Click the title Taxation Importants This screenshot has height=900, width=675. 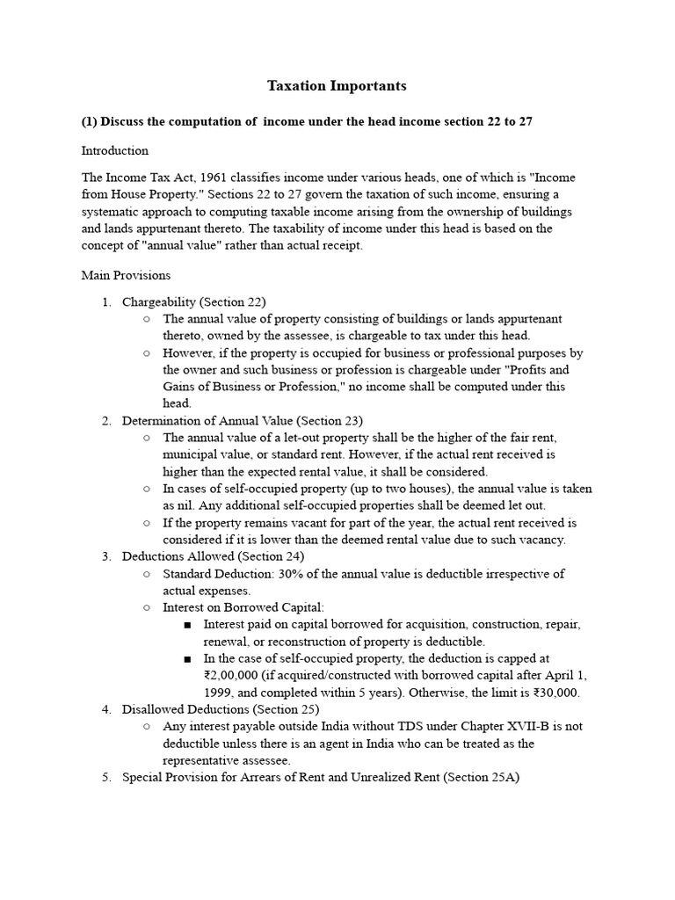click(x=337, y=86)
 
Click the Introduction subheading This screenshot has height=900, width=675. click(x=114, y=150)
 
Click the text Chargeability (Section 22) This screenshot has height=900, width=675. click(x=193, y=302)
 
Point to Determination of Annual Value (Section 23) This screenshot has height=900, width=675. click(x=242, y=421)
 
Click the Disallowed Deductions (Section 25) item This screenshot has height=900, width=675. click(x=221, y=709)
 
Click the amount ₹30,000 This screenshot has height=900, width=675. click(x=556, y=693)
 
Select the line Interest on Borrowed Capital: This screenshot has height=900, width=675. click(x=231, y=607)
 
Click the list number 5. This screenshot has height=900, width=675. click(x=105, y=777)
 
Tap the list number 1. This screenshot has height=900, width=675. click(x=105, y=302)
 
